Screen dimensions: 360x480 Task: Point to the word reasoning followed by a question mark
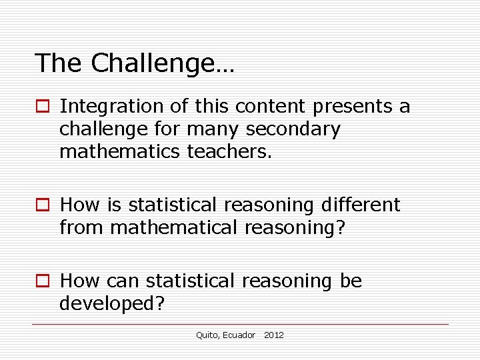pyautogui.click(x=294, y=227)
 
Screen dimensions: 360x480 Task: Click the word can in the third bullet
pyautogui.click(x=126, y=281)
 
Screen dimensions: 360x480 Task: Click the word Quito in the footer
pyautogui.click(x=207, y=335)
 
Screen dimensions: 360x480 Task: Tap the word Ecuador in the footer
pyautogui.click(x=239, y=335)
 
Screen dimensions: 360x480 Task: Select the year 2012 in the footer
pyautogui.click(x=274, y=335)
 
